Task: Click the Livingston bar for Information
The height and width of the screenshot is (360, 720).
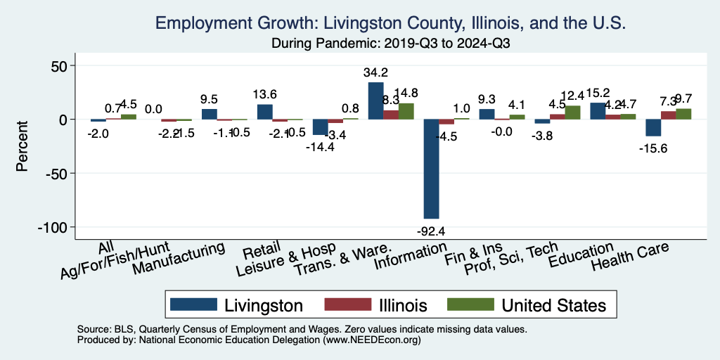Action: (431, 169)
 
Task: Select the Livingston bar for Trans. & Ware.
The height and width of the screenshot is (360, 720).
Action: (376, 101)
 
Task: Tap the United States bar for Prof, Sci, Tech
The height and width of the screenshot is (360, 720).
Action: (572, 112)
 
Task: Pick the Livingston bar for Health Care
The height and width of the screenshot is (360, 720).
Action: (653, 127)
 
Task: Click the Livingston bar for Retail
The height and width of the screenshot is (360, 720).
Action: (265, 112)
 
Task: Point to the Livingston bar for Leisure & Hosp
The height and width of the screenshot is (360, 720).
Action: (321, 127)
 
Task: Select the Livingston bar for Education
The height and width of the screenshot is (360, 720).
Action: (598, 111)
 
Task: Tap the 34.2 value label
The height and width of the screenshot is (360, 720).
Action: (376, 72)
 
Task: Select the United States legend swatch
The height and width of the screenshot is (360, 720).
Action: (467, 305)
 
